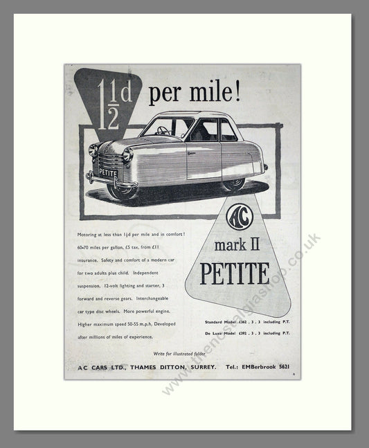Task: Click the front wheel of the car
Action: pos(122,189)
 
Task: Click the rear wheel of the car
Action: pos(233,183)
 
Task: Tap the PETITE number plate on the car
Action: pos(107,171)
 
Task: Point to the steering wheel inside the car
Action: pos(164,129)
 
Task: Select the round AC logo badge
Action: pos(240,215)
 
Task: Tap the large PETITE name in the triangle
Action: pos(235,273)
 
